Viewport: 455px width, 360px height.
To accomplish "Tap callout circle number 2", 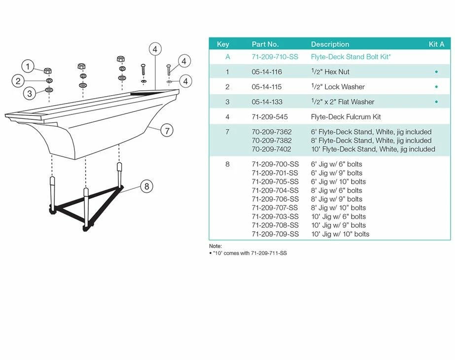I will click(x=17, y=81).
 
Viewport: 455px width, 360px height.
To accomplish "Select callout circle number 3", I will click(x=29, y=93).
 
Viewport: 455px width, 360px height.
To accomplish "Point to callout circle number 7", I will click(x=167, y=131).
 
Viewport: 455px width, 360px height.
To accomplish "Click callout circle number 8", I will click(x=146, y=186).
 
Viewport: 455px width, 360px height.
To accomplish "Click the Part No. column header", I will click(x=265, y=44).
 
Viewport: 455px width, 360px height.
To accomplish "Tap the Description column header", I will click(x=330, y=44).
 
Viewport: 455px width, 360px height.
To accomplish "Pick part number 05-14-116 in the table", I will click(x=267, y=72).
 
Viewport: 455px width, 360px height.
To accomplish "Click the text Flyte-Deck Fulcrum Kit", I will click(x=346, y=117).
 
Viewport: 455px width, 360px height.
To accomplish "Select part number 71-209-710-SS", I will click(x=275, y=57).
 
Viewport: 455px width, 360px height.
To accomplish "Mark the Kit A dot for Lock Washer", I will click(x=436, y=87).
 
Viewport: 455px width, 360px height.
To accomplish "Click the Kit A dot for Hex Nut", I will click(x=436, y=72).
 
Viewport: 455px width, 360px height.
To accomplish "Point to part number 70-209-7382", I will click(x=272, y=141).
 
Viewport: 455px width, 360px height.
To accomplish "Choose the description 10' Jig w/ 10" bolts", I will click(x=340, y=234).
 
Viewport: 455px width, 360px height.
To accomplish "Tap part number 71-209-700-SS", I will click(x=275, y=164).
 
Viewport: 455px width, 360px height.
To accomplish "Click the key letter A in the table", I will click(x=228, y=57).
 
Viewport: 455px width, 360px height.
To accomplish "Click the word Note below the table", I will click(x=215, y=246).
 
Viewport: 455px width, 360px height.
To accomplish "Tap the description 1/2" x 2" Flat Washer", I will click(x=343, y=102).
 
